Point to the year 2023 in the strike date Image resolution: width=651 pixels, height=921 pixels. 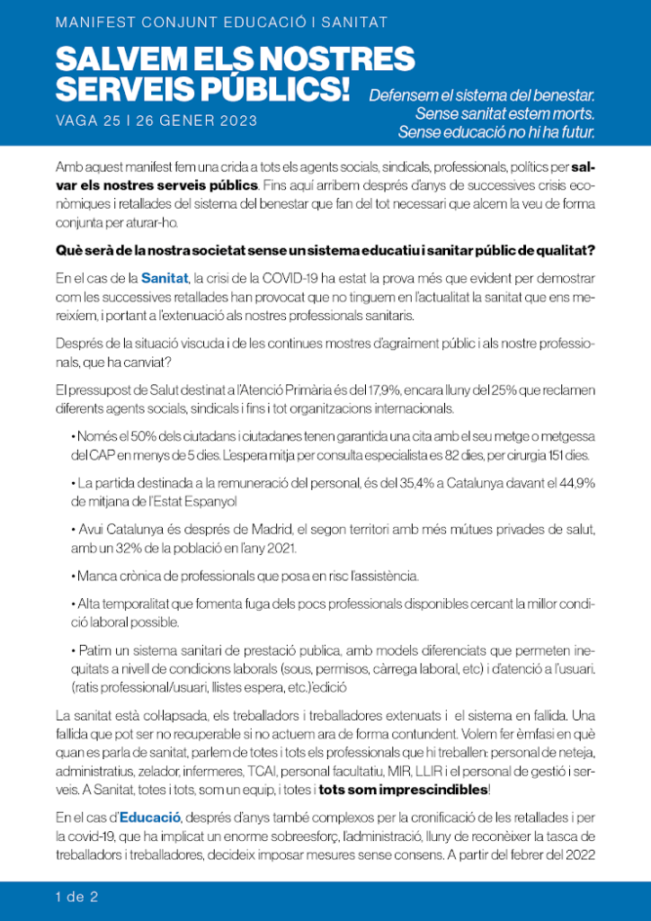pyautogui.click(x=236, y=121)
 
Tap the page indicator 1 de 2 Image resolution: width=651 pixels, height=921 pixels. pyautogui.click(x=77, y=896)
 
